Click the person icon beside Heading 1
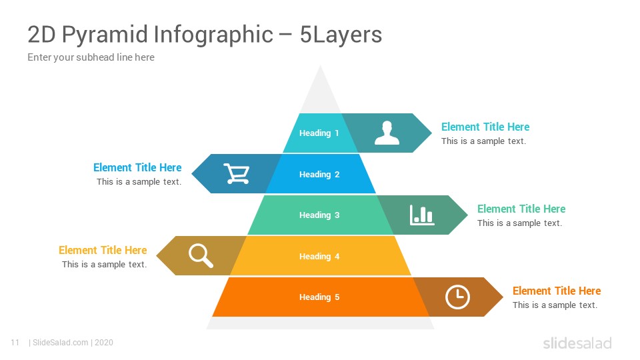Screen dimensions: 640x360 [x=387, y=133]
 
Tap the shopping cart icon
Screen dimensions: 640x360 [x=237, y=173]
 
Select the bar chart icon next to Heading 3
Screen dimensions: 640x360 [x=422, y=215]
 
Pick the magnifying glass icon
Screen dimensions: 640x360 [x=201, y=255]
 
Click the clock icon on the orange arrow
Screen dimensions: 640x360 [x=457, y=297]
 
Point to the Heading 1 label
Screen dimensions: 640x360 [x=319, y=133]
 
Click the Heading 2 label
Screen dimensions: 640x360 [x=319, y=174]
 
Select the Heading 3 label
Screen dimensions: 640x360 [x=319, y=215]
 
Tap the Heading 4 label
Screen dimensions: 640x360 [x=319, y=256]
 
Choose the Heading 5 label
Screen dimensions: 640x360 [x=319, y=297]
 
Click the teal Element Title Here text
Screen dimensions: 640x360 [x=485, y=127]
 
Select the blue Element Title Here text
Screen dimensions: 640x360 [x=137, y=167]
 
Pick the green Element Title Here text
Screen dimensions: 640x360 [x=521, y=209]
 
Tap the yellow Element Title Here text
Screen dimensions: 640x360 [x=103, y=250]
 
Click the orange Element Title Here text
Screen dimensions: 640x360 [x=557, y=291]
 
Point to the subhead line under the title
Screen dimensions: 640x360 [x=91, y=57]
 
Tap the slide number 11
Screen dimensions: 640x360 [x=15, y=343]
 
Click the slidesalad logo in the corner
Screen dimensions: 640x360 [x=577, y=343]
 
